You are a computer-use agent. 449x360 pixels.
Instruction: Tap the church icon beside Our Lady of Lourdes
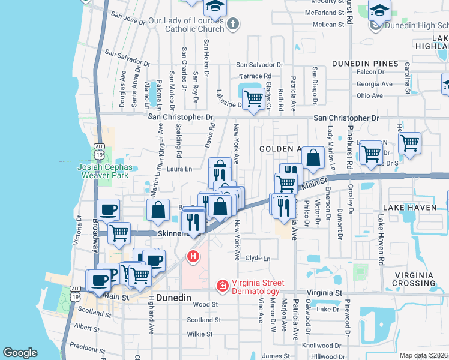(234, 24)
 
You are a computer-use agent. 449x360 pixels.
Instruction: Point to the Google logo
(20, 353)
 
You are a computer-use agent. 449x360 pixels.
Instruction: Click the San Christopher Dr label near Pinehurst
(346, 118)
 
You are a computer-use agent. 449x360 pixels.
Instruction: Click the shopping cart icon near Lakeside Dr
(254, 97)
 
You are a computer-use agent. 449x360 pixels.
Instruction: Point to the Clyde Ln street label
(258, 258)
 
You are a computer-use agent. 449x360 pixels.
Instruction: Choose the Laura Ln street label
(179, 169)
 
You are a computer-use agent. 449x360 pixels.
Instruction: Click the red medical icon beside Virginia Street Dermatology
(222, 285)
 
